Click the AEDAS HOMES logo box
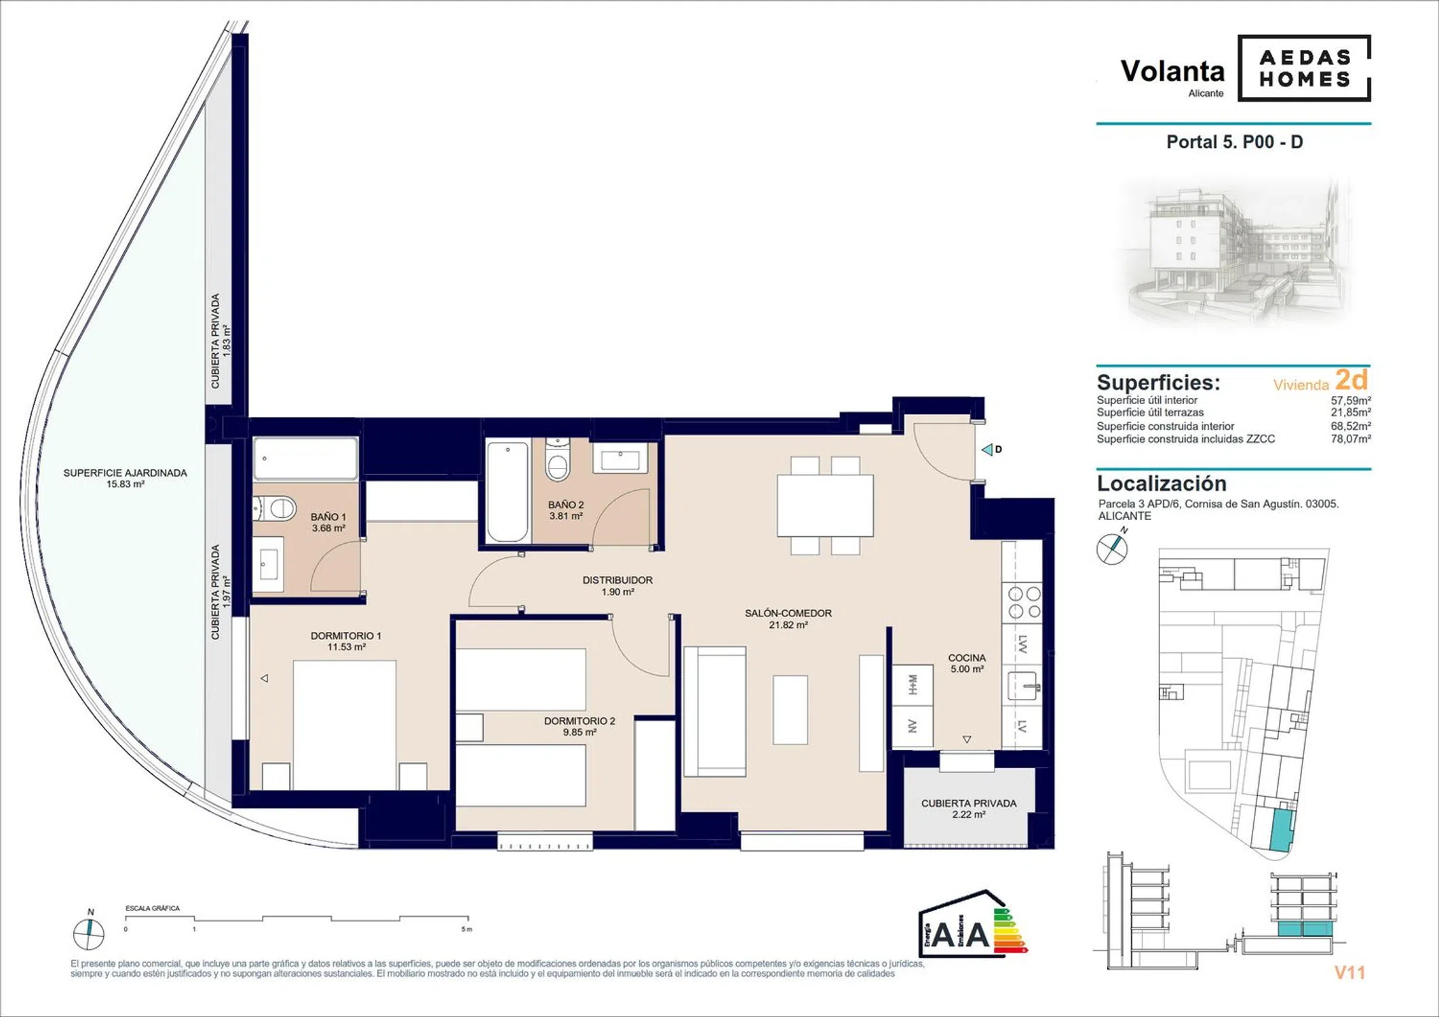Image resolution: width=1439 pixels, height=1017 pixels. pos(1304,68)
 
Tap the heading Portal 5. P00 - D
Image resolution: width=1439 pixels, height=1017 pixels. pos(1234,142)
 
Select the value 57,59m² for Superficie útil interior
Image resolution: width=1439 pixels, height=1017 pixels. pos(1350,400)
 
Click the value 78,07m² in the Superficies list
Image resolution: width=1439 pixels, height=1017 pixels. pos(1350,439)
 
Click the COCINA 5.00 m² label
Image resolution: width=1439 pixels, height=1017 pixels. pos(967,663)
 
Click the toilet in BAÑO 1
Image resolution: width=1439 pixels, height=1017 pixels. pos(275,508)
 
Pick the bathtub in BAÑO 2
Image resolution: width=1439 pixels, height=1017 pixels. pos(507,492)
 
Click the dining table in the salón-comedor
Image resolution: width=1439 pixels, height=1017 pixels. pos(825,506)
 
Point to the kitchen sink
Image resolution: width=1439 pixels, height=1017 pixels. pos(1022,685)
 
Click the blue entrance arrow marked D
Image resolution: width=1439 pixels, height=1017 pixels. pos(988,450)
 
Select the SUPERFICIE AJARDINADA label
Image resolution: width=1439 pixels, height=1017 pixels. pos(125,478)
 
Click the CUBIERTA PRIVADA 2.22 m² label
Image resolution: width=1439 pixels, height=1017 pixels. pos(969,809)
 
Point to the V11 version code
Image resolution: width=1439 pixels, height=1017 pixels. pos(1349,973)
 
